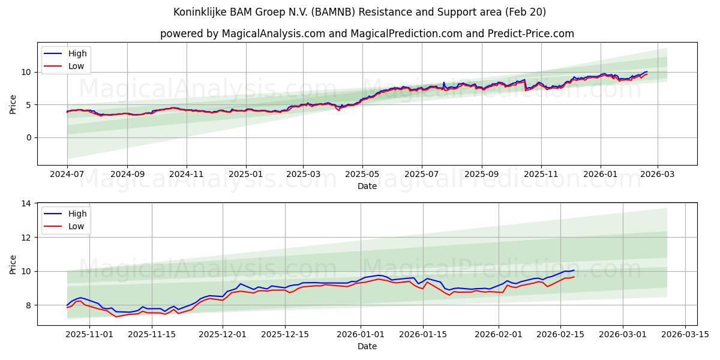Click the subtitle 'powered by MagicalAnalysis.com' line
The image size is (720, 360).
367,34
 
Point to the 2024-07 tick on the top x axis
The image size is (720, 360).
67,175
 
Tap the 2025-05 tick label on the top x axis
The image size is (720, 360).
362,175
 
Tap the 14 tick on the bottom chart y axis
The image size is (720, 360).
26,204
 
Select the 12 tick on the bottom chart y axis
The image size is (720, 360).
26,238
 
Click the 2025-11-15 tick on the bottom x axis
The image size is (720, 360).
152,335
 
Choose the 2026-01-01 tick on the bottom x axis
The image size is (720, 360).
361,335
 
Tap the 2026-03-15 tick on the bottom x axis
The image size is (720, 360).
685,335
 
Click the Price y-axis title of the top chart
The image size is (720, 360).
13,104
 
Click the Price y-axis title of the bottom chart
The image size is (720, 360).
13,264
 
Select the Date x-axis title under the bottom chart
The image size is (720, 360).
367,346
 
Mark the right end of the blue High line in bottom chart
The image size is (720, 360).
574,270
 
